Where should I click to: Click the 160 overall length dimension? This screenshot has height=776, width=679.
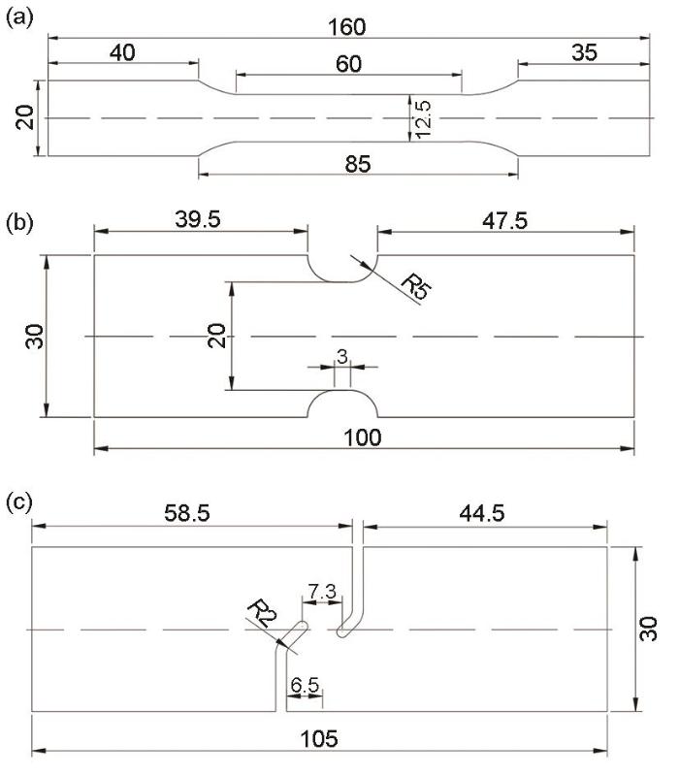347,27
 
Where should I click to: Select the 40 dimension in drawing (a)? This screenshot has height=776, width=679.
122,52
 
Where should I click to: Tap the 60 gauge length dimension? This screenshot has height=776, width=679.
348,64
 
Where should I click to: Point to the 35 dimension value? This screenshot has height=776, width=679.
585,52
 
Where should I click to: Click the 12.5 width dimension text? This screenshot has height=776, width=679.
424,119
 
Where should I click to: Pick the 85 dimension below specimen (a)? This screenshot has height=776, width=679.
357,164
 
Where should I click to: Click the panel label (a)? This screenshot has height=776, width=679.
19,18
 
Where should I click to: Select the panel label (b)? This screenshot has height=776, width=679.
19,223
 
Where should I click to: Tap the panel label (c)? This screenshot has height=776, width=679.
19,502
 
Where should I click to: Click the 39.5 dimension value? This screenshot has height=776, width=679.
198,219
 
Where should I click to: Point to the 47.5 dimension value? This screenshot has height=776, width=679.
505,220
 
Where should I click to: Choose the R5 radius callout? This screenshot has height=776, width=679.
416,286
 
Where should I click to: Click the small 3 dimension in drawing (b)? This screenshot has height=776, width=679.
342,356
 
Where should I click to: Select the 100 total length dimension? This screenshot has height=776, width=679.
363,437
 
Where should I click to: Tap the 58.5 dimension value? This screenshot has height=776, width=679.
187,513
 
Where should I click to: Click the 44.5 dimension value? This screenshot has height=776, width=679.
482,513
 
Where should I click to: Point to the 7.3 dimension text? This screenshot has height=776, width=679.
322,592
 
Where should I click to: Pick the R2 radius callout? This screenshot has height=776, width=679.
262,613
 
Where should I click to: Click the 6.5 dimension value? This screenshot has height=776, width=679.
305,686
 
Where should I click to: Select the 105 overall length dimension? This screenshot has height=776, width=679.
319,739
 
